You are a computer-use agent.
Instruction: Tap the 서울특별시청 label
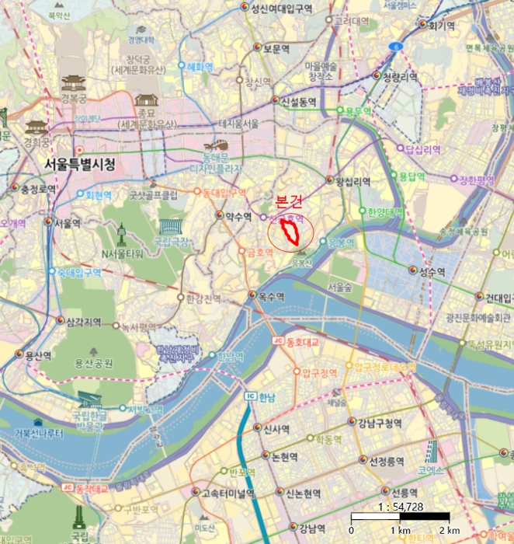pyautogui.click(x=80, y=165)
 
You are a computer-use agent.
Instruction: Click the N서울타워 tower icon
pyautogui.click(x=121, y=232)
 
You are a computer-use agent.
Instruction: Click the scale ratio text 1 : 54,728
pyautogui.click(x=399, y=506)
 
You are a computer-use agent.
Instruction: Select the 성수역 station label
pyautogui.click(x=432, y=271)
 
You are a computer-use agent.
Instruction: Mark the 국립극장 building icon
pyautogui.click(x=169, y=227)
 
